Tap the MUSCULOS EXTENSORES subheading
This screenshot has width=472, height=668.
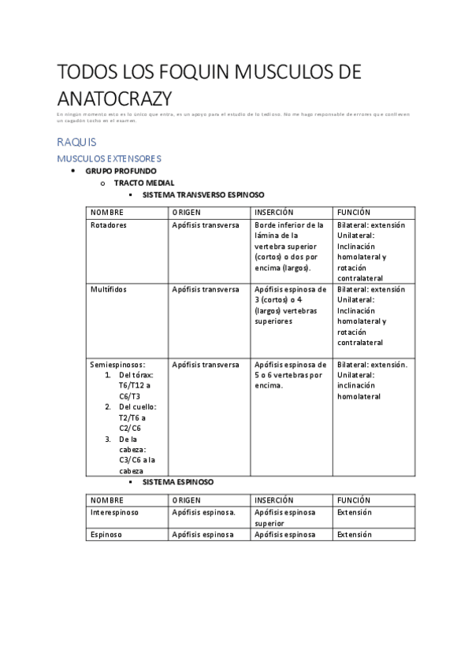[109, 158]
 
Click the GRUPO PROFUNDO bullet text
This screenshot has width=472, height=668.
[121, 171]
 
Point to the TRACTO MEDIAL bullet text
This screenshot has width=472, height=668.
[144, 183]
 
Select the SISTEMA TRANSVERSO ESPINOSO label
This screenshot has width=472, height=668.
[203, 194]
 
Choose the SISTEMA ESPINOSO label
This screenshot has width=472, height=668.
[177, 481]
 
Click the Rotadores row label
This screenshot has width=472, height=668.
[109, 225]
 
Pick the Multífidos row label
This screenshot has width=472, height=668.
[109, 289]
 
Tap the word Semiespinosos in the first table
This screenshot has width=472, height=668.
[117, 365]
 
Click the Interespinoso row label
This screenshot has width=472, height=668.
[115, 512]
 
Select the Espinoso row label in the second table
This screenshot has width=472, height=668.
[105, 535]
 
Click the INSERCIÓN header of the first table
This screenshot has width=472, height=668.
[274, 213]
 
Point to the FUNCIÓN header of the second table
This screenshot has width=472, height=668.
[354, 500]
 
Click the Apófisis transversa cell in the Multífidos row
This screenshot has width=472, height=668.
[206, 289]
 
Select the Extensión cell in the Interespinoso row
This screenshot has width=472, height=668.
[355, 512]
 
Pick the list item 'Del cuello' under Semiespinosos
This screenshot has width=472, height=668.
[137, 407]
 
